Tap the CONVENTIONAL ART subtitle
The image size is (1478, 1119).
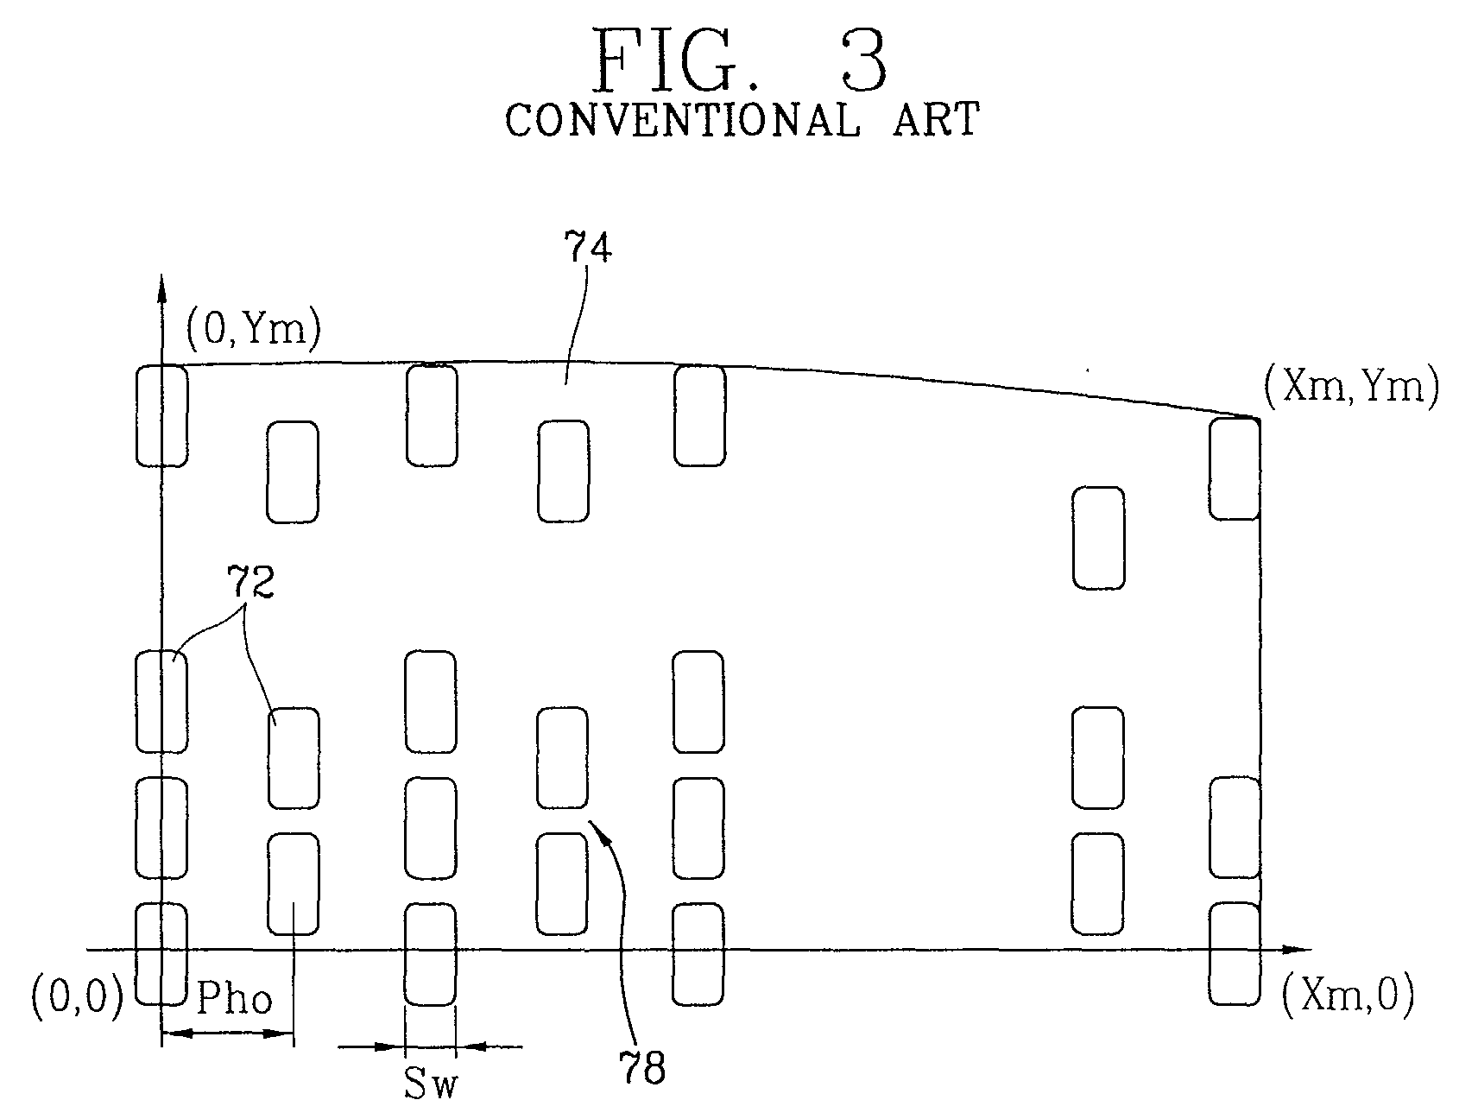tap(742, 119)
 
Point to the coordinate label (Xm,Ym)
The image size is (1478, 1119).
tap(1351, 387)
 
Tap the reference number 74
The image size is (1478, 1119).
tap(588, 249)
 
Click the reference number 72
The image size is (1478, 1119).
tap(250, 583)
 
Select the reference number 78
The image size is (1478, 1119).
tap(642, 1069)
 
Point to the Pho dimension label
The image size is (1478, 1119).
tap(234, 999)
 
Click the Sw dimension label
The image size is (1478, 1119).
tap(430, 1085)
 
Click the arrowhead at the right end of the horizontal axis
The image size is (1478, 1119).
tap(1292, 950)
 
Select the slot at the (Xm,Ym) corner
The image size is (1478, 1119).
tap(1235, 469)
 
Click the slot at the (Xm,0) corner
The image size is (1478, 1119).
tap(1234, 954)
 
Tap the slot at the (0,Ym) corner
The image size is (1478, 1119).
tap(161, 415)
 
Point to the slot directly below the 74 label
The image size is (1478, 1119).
tap(564, 471)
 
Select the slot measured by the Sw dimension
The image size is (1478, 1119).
tap(430, 954)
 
